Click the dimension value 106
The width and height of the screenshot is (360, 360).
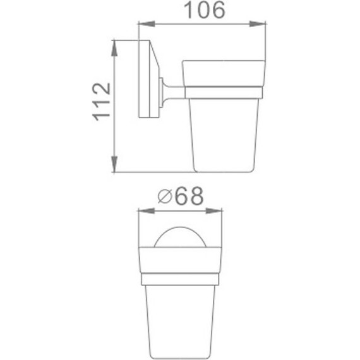click(x=200, y=11)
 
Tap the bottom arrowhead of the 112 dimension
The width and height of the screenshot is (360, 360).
click(x=114, y=169)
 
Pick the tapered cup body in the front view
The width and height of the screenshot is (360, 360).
click(x=181, y=316)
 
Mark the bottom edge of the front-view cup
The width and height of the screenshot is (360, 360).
click(x=181, y=350)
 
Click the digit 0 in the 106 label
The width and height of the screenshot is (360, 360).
click(x=200, y=11)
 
